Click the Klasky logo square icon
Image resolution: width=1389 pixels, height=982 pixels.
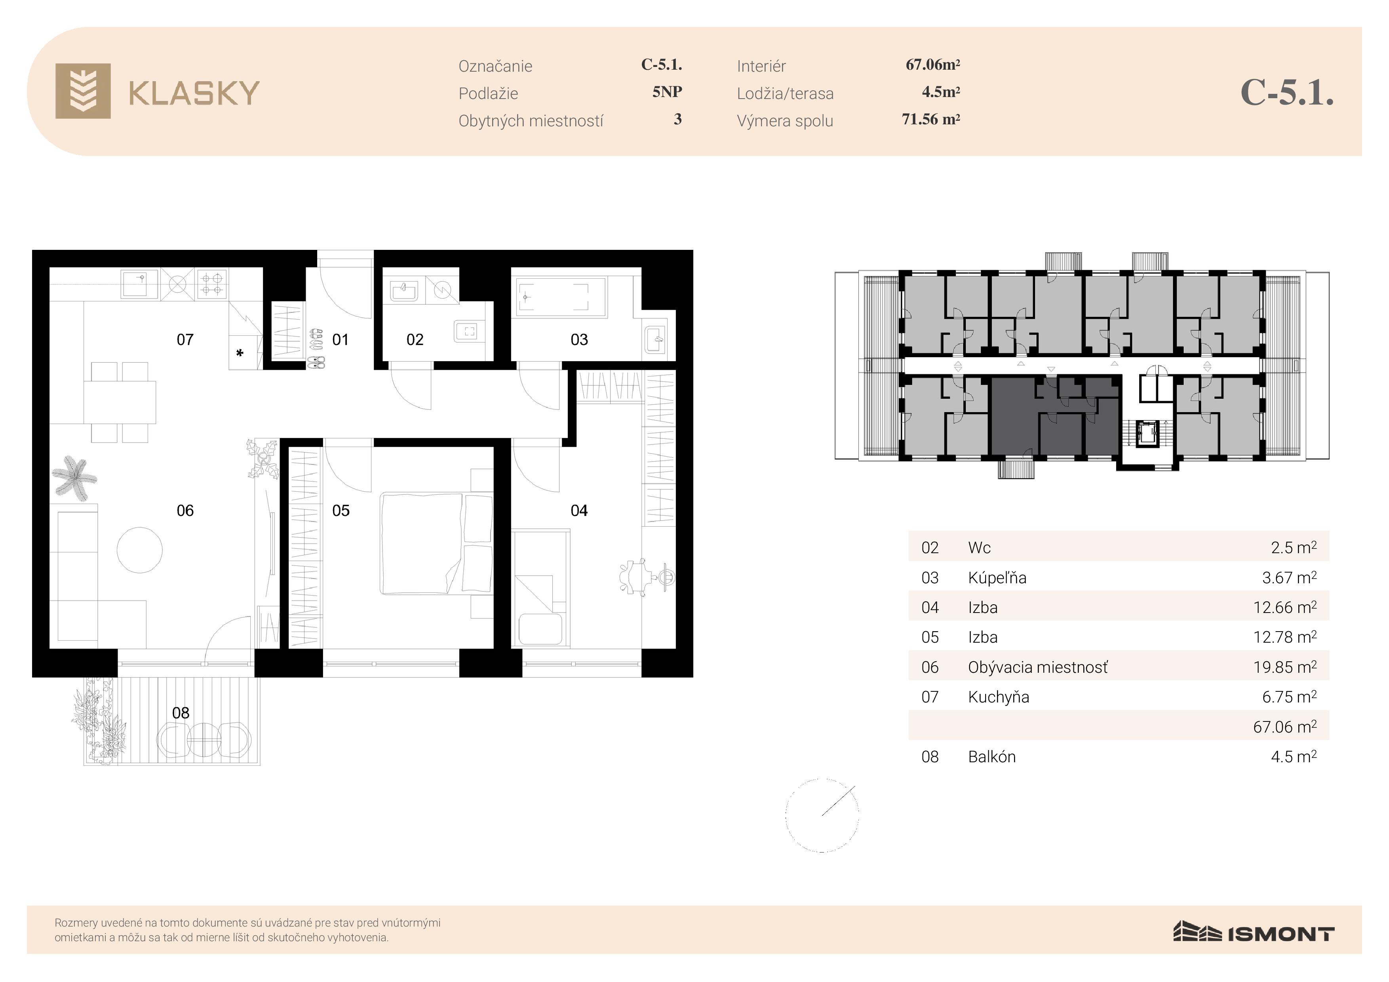pyautogui.click(x=83, y=91)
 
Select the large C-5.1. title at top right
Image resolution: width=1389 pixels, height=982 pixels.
pyautogui.click(x=1287, y=93)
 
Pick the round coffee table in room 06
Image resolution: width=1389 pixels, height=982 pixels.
pyautogui.click(x=140, y=550)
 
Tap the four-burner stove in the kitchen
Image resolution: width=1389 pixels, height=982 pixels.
pyautogui.click(x=212, y=284)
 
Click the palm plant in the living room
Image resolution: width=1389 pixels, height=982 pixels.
pyautogui.click(x=74, y=478)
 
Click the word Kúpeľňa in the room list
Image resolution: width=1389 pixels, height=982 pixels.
pyautogui.click(x=997, y=577)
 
